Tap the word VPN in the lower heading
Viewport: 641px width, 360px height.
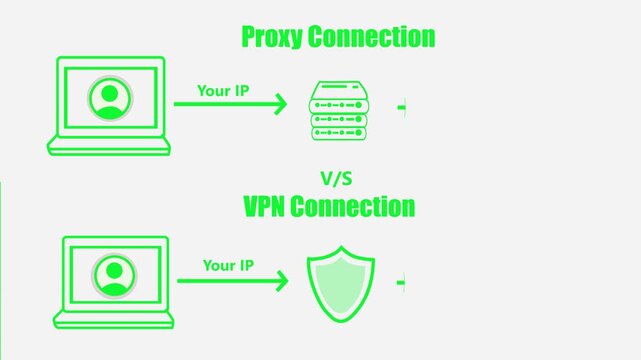(269, 207)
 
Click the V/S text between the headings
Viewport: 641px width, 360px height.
(337, 178)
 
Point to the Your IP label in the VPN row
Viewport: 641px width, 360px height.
(228, 265)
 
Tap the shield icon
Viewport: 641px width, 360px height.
(340, 282)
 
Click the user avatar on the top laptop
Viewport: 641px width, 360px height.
(110, 99)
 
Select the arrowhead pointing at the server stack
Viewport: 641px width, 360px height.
(280, 103)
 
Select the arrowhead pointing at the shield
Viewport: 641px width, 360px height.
(282, 281)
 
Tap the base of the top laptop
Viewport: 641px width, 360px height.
(109, 147)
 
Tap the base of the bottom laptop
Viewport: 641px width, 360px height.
(113, 320)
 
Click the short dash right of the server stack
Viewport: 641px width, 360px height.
(402, 105)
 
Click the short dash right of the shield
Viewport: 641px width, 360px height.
(402, 283)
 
